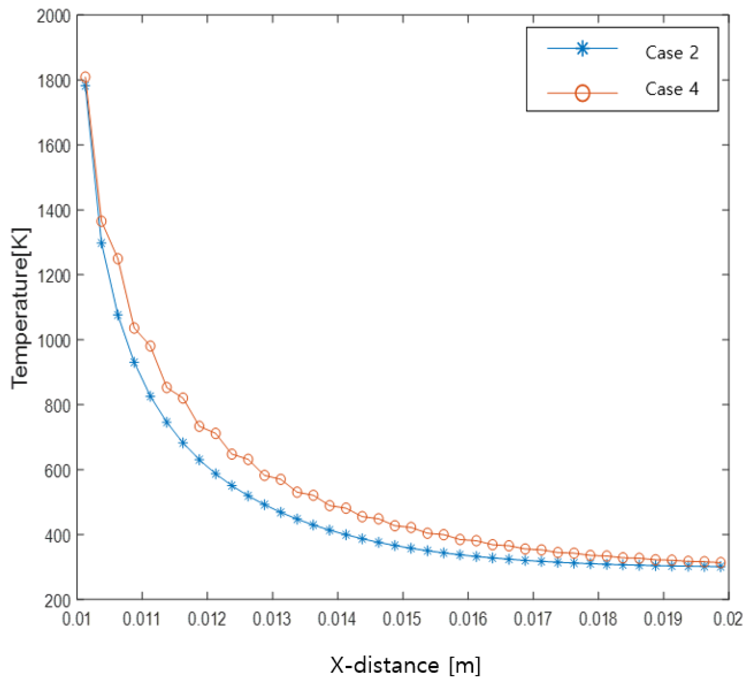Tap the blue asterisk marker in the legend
582,49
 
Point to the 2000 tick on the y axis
54,17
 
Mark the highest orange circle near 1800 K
85,77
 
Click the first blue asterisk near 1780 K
85,86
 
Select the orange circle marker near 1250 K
117,259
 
